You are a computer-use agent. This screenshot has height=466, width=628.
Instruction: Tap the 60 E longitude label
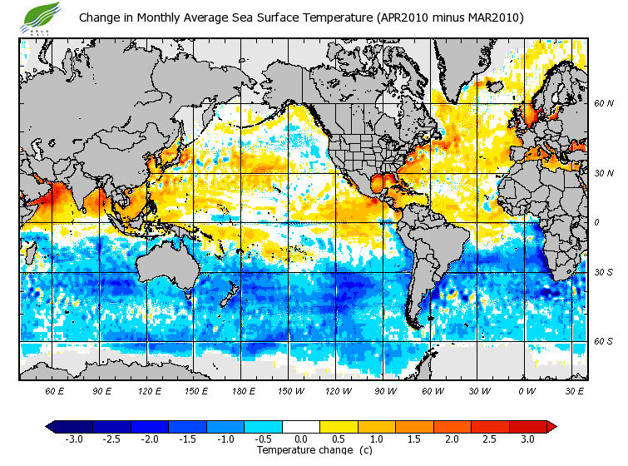tap(55, 390)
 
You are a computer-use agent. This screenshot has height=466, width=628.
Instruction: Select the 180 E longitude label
tap(244, 390)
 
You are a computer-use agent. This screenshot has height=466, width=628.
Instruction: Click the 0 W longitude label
tap(527, 390)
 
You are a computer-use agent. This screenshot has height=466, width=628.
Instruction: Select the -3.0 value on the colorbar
tap(74, 439)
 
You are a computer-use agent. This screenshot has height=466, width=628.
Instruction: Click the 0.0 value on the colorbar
tap(301, 439)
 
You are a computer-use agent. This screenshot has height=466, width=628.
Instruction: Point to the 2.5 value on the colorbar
tap(491, 439)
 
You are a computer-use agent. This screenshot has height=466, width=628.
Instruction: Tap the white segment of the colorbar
tap(301, 426)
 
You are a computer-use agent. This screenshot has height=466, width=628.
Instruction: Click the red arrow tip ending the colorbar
tap(551, 426)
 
